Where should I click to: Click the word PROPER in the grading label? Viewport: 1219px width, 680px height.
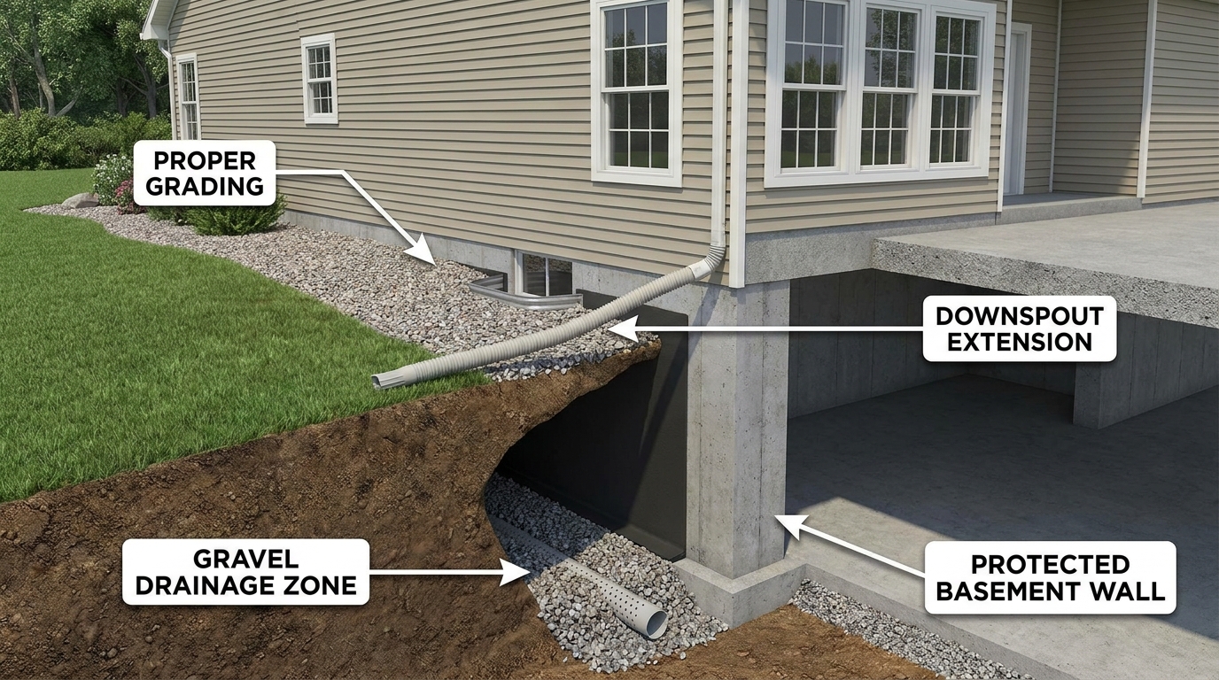[205, 160]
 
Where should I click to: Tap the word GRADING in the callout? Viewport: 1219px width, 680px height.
[205, 186]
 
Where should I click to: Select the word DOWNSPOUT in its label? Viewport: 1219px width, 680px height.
[1020, 316]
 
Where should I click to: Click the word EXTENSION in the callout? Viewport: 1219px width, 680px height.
[1020, 342]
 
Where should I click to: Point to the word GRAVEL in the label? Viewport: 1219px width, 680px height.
[246, 559]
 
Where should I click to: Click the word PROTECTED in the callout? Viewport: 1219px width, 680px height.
[1051, 564]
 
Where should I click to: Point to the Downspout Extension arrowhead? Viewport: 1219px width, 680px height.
[620, 329]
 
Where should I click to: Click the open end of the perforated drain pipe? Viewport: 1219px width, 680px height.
[656, 622]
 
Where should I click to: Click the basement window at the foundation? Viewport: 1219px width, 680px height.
[543, 274]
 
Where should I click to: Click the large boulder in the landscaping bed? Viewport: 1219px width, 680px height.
[80, 200]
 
